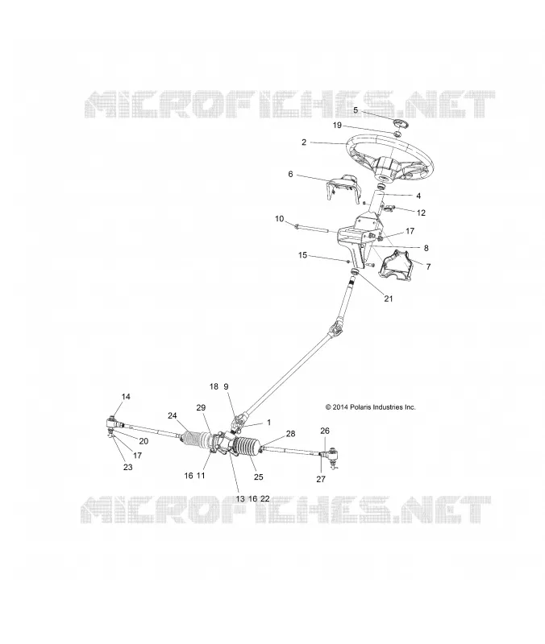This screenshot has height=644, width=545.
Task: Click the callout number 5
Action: (356, 110)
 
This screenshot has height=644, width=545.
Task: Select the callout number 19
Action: (337, 126)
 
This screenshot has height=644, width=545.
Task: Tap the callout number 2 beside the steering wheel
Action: (304, 142)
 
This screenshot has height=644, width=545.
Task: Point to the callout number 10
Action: (279, 218)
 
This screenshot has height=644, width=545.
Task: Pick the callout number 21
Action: (389, 299)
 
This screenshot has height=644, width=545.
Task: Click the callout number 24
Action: (172, 415)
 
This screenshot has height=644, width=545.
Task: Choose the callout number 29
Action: (201, 407)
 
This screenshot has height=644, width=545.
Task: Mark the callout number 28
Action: (290, 434)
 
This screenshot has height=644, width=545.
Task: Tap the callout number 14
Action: (126, 396)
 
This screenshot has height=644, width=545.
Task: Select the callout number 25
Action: (258, 477)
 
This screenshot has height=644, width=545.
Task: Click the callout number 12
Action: (421, 213)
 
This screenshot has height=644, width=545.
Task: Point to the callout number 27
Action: (321, 479)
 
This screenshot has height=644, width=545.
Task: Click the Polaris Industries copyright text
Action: (370, 407)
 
